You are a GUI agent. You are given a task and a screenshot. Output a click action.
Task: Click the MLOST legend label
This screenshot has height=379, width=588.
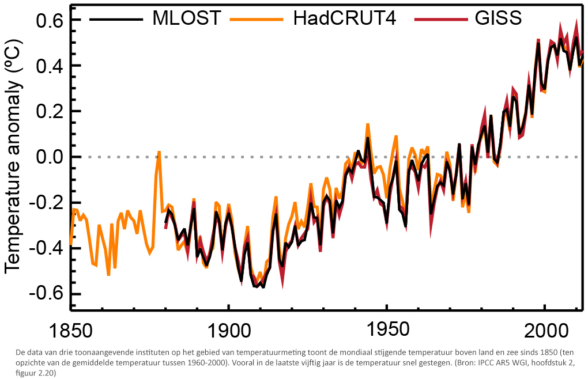click(186, 18)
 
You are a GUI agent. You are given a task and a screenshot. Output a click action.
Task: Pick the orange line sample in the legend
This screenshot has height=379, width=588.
click(256, 19)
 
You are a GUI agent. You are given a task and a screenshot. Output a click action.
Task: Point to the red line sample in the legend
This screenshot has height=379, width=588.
click(440, 19)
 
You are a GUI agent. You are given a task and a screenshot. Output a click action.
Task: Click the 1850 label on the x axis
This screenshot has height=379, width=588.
click(70, 332)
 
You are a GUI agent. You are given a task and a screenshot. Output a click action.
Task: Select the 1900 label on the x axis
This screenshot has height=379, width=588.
click(229, 332)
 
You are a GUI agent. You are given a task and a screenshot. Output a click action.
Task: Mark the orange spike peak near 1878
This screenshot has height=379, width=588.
click(159, 152)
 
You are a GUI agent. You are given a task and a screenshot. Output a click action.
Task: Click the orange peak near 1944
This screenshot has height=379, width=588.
click(367, 124)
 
